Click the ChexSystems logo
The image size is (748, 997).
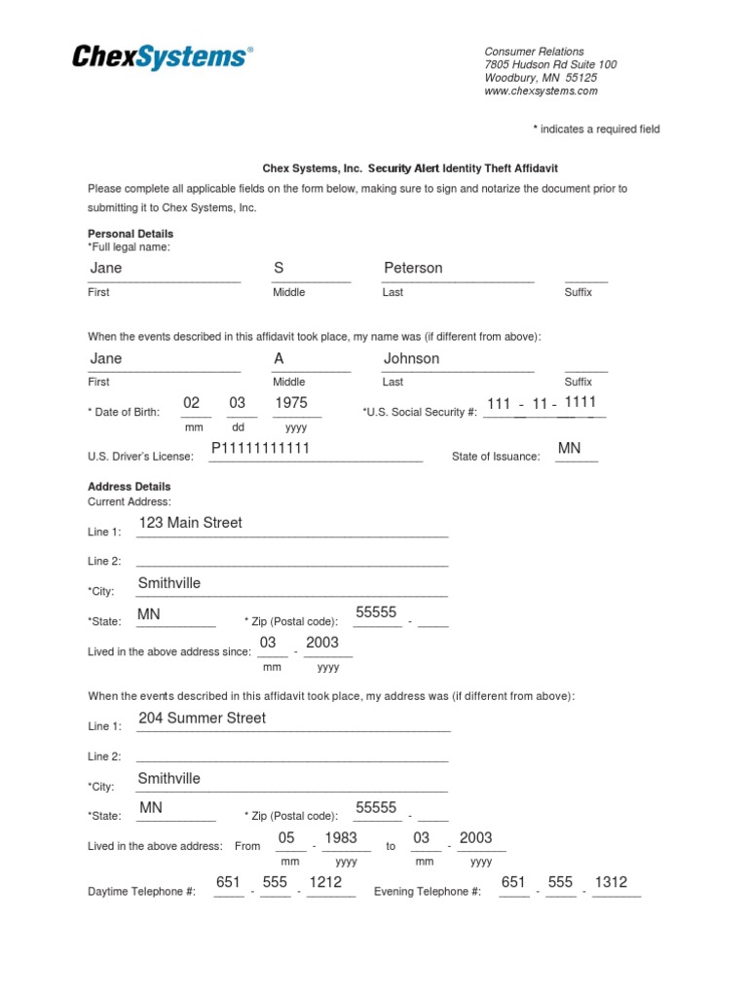click(x=162, y=57)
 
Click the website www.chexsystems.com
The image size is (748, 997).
click(x=541, y=92)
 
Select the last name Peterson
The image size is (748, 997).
click(x=413, y=268)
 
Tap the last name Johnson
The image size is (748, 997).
click(x=411, y=358)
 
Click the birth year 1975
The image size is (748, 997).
click(x=291, y=403)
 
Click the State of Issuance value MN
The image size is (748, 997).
click(x=569, y=448)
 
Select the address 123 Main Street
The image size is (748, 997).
click(x=191, y=523)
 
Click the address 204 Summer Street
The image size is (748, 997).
click(x=203, y=719)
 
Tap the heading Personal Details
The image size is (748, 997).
click(x=131, y=235)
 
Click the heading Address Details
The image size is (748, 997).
click(x=129, y=487)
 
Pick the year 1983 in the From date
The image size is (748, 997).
click(x=341, y=838)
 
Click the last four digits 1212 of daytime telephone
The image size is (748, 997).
click(x=325, y=882)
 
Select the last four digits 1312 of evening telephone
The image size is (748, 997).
click(x=611, y=882)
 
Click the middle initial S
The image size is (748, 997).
click(x=279, y=268)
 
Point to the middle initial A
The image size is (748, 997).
click(x=279, y=358)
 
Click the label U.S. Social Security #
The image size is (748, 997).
click(x=420, y=413)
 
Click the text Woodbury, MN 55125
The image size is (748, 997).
click(x=541, y=78)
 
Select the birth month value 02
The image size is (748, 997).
click(x=192, y=403)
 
